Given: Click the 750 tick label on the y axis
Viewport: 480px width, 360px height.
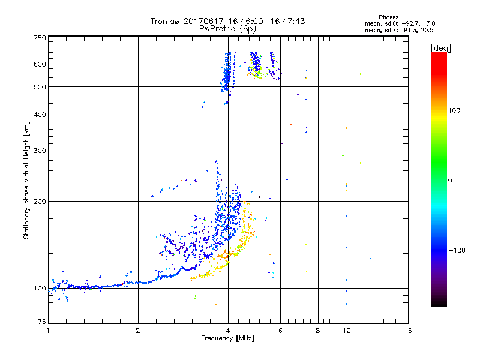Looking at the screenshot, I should [x=40, y=38].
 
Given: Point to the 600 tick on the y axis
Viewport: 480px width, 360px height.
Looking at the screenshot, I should [x=40, y=64].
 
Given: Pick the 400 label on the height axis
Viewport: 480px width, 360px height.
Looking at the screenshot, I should [x=40, y=115].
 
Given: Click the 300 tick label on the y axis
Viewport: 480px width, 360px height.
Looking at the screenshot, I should [x=40, y=151].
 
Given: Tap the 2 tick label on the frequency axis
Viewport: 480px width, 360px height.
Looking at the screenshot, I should [x=138, y=330].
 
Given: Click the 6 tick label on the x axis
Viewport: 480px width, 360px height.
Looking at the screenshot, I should [x=281, y=330].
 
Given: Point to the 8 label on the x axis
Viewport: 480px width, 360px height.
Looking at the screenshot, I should [x=318, y=330].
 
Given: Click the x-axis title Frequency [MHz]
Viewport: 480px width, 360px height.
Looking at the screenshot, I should [x=227, y=338].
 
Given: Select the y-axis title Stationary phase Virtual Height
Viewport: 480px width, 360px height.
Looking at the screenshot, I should [x=26, y=180].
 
